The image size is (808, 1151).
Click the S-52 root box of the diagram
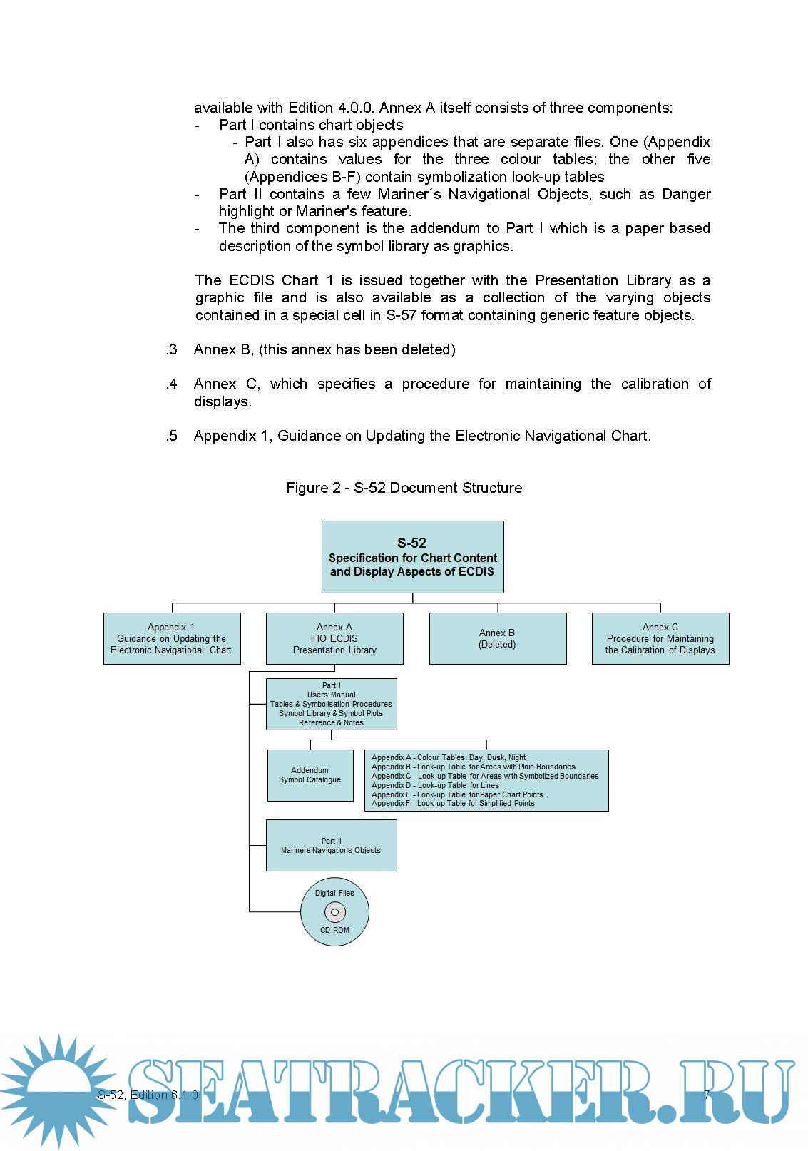412,557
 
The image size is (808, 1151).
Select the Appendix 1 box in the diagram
172,638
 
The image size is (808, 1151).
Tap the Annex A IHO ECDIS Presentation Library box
334,638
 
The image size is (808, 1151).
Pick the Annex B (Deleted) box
497,638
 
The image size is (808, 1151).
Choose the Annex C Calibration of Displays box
660,638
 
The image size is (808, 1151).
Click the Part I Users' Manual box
331,704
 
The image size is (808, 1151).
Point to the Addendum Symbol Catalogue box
310,775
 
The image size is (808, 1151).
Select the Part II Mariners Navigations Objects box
331,845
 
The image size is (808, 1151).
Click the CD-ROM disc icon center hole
334,912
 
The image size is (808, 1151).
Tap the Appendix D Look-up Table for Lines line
435,785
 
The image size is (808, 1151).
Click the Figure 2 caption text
404,488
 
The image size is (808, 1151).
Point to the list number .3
171,349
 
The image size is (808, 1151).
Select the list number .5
171,436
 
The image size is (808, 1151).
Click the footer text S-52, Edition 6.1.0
148,1095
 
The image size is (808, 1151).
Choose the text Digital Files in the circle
334,893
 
